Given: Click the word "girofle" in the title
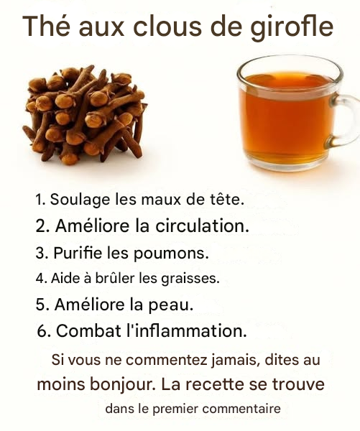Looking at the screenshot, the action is [292, 27].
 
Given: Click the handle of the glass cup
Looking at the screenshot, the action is [345, 121].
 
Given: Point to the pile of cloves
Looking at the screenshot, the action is [85, 115].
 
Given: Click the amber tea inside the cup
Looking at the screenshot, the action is [286, 116].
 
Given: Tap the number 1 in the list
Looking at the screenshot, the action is [39, 199].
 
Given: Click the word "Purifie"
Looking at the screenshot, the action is [78, 252].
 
